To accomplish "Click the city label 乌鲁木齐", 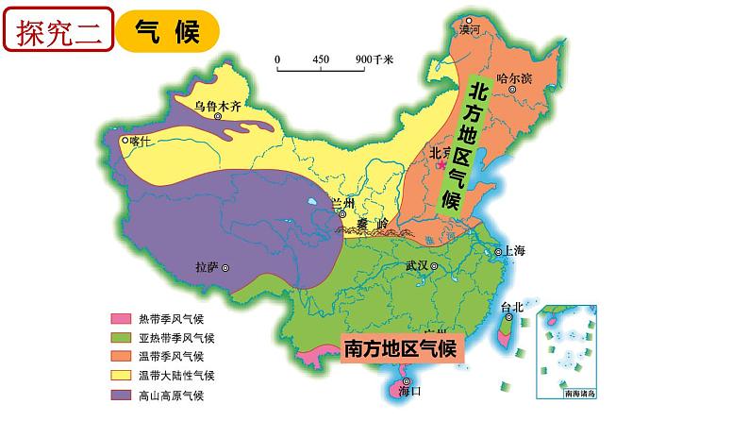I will click(218, 107).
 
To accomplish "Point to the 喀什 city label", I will click(141, 142).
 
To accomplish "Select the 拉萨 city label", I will click(206, 267).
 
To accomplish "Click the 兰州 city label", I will click(345, 205).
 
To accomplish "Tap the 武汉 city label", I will click(416, 266).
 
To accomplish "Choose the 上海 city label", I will click(514, 251).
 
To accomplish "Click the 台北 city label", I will click(512, 306).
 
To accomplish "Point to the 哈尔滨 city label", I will click(514, 78).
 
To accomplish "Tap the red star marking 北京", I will click(440, 163).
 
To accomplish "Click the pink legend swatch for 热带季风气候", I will click(121, 320).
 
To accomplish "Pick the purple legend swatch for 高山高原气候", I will click(121, 394).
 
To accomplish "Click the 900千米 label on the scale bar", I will click(374, 59).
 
